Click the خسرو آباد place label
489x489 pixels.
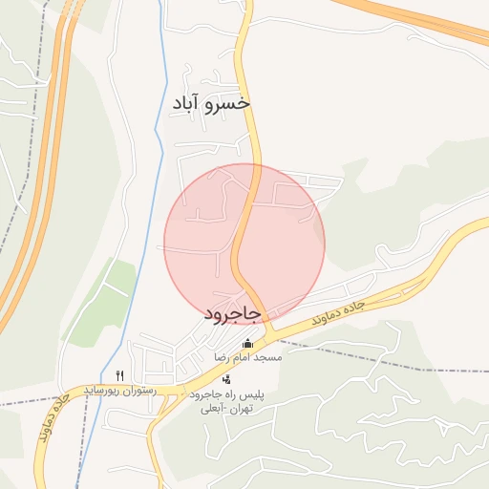tap(211, 102)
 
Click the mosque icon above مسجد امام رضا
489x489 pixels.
tap(248, 344)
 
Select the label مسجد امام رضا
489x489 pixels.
tap(247, 357)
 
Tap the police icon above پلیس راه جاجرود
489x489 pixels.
tap(225, 379)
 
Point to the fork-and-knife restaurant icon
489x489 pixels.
tap(119, 375)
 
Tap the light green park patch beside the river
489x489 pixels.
tap(105, 301)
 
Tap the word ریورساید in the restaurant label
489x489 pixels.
tap(102, 390)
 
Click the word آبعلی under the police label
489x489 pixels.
tap(210, 408)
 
